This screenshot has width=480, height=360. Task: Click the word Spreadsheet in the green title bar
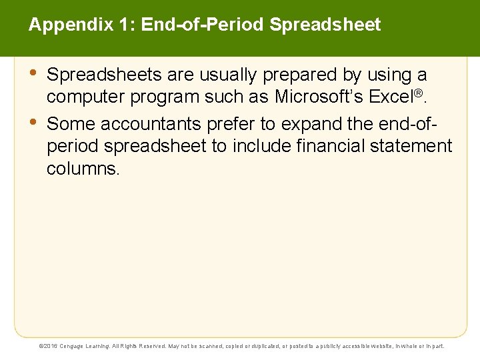[x=325, y=25]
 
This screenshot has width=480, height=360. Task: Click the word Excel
[x=391, y=97]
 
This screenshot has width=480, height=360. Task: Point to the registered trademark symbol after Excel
[x=419, y=93]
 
